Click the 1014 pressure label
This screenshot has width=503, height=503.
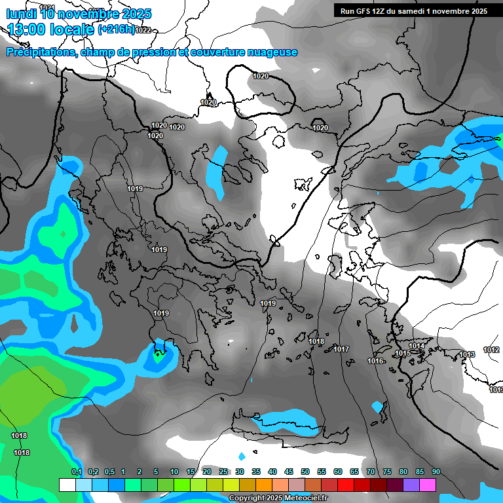pos(417,346)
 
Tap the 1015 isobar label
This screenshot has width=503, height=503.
pos(403,354)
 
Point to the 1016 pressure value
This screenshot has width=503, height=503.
pos(375,361)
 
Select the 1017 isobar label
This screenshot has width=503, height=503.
pos(341,349)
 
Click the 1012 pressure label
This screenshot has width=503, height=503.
pos(491,350)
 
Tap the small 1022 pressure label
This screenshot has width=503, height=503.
pos(143,30)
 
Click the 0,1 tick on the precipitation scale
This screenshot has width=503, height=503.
pos(76,472)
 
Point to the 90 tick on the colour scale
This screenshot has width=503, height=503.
pos(436,472)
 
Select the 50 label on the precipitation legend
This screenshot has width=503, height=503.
pos(305,472)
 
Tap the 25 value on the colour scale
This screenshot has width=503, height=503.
pos(223,472)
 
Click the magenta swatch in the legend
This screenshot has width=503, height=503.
pos(428,485)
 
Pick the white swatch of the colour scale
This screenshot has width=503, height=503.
pos(67,485)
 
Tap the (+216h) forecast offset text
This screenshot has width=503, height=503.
pos(116,29)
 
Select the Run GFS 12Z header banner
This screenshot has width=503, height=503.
pos(413,11)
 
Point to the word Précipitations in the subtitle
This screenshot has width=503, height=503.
pos(40,52)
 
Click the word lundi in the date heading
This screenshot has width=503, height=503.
pos(20,13)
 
